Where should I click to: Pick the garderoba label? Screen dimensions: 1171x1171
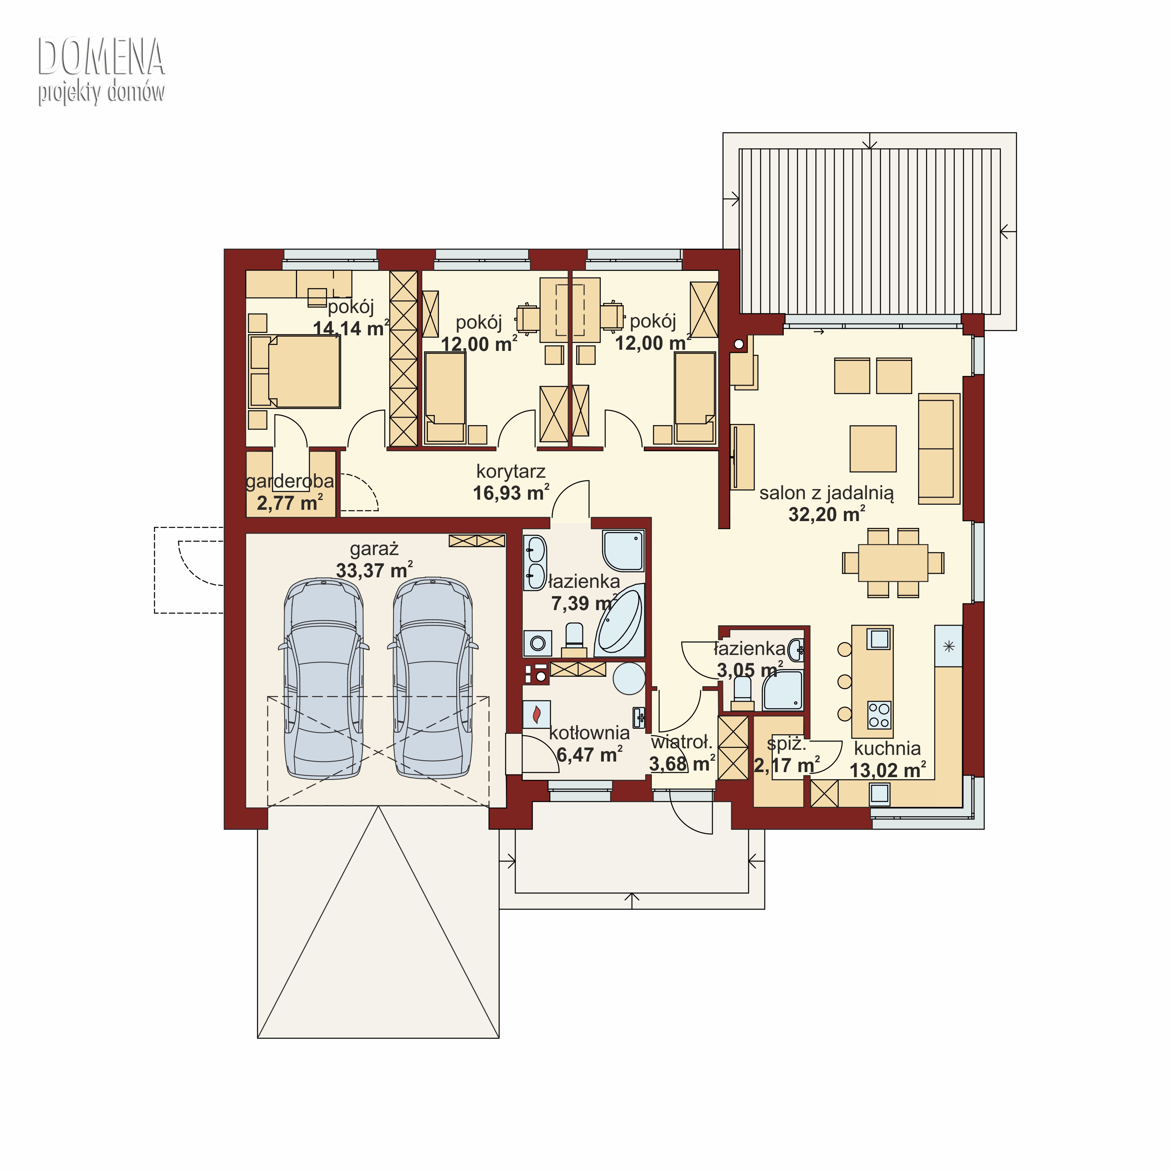tap(290, 481)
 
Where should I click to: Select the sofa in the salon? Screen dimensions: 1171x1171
tap(939, 448)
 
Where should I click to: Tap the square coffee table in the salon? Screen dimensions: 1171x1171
tap(873, 448)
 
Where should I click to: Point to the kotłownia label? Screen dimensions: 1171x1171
tap(589, 733)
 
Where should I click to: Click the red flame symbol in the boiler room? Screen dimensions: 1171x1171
tap(536, 715)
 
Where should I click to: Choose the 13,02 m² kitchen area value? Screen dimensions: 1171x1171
tap(888, 771)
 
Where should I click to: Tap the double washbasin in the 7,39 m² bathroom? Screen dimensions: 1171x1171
tap(535, 562)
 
